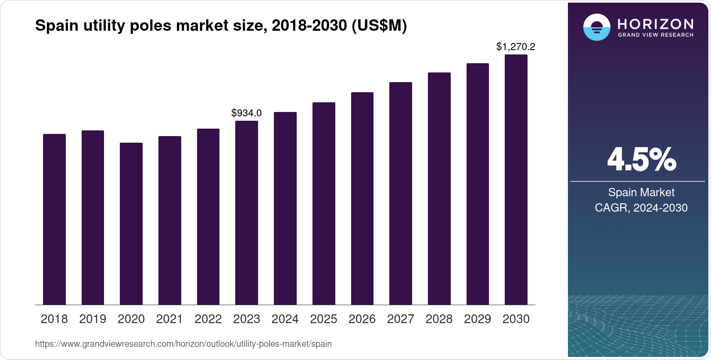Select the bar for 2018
54,220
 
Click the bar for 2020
131,224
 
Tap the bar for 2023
247,213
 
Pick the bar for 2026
362,198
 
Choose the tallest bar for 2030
516,180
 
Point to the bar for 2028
439,189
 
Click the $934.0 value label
247,113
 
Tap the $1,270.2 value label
516,47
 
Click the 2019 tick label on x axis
93,319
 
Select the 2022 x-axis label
208,319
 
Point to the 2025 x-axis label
323,319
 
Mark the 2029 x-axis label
478,319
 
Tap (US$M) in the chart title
379,26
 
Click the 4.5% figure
641,160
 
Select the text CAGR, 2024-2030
641,208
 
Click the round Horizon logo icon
596,27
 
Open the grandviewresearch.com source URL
183,344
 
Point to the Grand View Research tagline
655,35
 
